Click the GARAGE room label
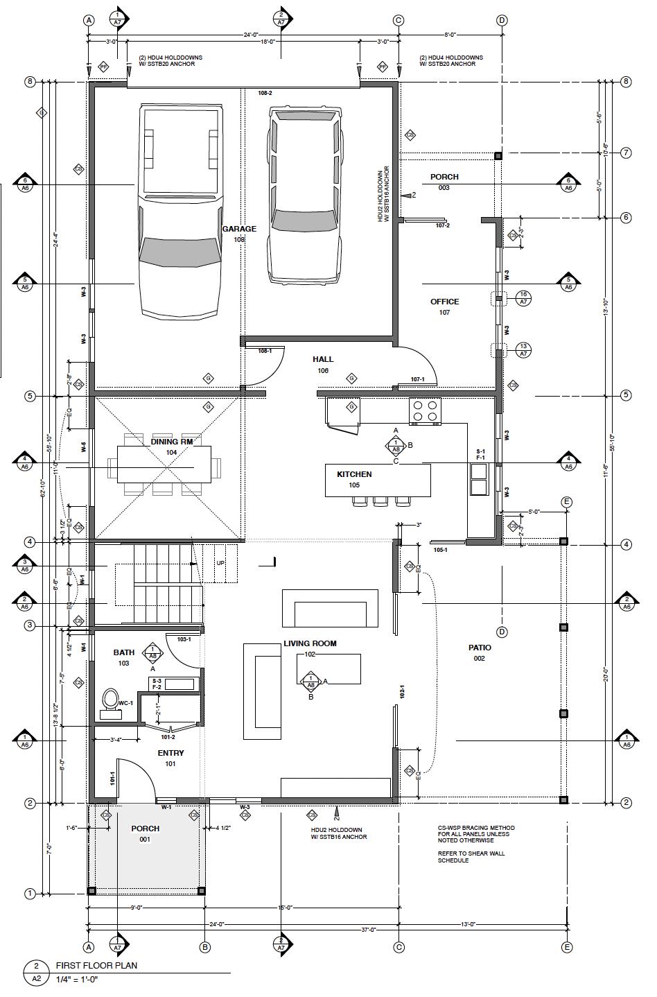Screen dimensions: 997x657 (x=239, y=229)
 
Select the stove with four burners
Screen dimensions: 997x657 (x=425, y=411)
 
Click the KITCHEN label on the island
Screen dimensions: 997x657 (x=354, y=474)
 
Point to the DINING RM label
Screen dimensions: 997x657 (x=171, y=442)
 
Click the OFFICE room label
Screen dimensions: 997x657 (x=444, y=302)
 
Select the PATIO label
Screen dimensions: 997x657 (x=480, y=648)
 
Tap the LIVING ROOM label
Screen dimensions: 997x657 (x=310, y=643)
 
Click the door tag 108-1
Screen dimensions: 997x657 (x=265, y=351)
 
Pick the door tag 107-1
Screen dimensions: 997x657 (x=417, y=379)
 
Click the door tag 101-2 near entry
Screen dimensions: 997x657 (x=168, y=737)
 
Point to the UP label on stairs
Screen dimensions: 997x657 (x=221, y=563)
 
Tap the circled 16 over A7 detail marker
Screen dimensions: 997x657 (x=523, y=298)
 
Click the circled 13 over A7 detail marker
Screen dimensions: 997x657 (x=523, y=350)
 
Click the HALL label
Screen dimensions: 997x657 (x=323, y=359)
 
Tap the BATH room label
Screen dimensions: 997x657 (x=124, y=652)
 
